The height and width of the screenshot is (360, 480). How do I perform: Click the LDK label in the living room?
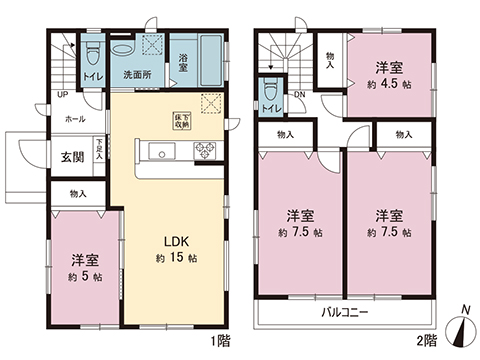click(167, 240)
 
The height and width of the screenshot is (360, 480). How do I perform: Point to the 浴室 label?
click(186, 62)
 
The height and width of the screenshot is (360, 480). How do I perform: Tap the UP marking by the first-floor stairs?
click(62, 95)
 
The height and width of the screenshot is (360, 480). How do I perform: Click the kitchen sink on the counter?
click(160, 151)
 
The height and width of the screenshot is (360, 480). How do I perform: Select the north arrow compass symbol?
click(461, 326)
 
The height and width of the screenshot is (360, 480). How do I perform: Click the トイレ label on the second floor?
click(271, 107)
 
